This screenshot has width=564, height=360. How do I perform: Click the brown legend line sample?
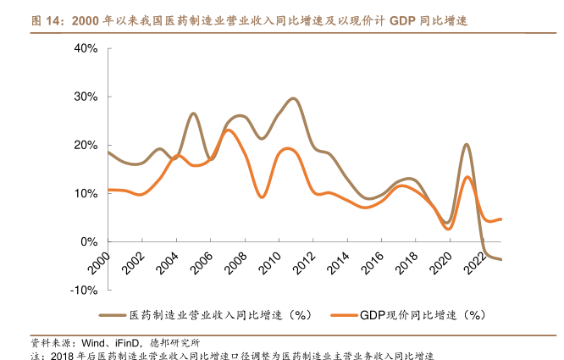tap(113, 315)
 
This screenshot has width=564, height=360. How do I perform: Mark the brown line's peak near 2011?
tap(294, 99)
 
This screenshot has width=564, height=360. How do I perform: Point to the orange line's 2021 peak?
tap(467, 177)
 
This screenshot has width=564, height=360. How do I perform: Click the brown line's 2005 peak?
tap(194, 114)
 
